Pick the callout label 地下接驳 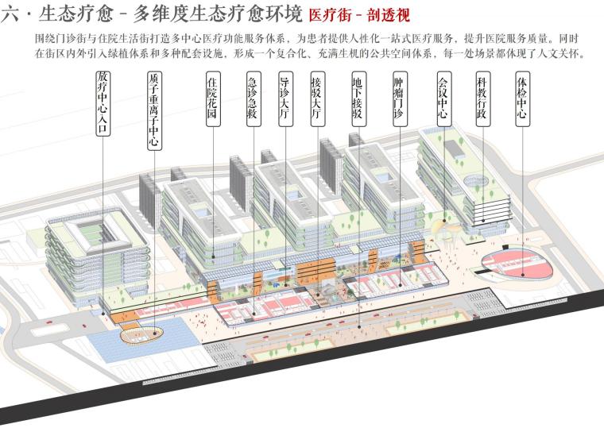tap(358, 98)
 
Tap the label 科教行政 tap(482, 98)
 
